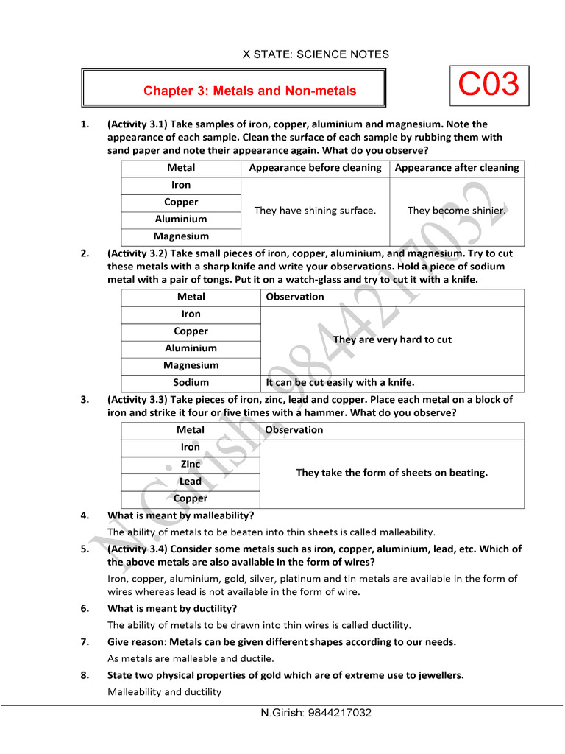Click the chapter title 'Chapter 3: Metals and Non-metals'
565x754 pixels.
[249, 91]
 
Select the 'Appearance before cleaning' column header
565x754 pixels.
[315, 168]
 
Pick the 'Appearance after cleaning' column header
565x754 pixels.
[456, 168]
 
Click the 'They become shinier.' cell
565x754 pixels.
[456, 211]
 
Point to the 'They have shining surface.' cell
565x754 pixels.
[315, 211]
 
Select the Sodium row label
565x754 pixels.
[191, 383]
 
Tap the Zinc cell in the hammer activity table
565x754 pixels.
[191, 465]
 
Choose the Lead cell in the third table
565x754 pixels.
[191, 482]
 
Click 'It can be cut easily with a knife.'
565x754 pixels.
[340, 383]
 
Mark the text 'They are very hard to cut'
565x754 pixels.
[392, 340]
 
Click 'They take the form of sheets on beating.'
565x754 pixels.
[391, 473]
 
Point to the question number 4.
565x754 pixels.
[85, 515]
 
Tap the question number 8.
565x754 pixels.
[85, 675]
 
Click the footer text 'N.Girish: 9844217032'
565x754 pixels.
[316, 714]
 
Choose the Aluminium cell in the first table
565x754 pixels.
[181, 219]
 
